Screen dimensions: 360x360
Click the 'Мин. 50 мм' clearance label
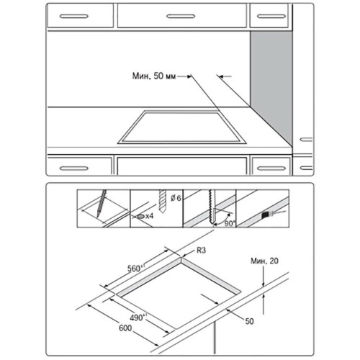[x=154, y=76]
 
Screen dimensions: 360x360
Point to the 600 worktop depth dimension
[x=125, y=328]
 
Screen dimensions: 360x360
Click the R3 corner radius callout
[x=201, y=251]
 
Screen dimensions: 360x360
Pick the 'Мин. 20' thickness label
[x=264, y=261]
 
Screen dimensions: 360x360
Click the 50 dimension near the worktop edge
[x=249, y=321]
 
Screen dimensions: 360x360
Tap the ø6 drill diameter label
[x=176, y=198]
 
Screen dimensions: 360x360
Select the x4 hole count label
[x=149, y=216]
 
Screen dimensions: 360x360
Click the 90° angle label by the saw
[x=229, y=223]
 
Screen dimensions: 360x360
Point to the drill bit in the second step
[x=163, y=202]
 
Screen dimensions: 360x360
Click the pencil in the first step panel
[x=102, y=204]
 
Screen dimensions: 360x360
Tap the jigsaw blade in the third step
[x=212, y=207]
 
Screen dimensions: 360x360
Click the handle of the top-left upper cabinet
[x=74, y=17]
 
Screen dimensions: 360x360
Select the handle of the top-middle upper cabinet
[x=181, y=17]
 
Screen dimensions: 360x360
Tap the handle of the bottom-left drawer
[x=74, y=168]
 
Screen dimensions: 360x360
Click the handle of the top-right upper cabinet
[x=271, y=17]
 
